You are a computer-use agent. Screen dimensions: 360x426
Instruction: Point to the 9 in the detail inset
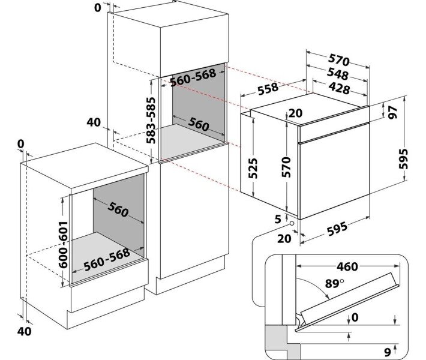388,350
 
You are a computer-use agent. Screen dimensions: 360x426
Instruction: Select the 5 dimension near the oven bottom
277,219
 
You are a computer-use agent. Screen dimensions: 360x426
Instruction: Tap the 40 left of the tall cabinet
94,122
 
